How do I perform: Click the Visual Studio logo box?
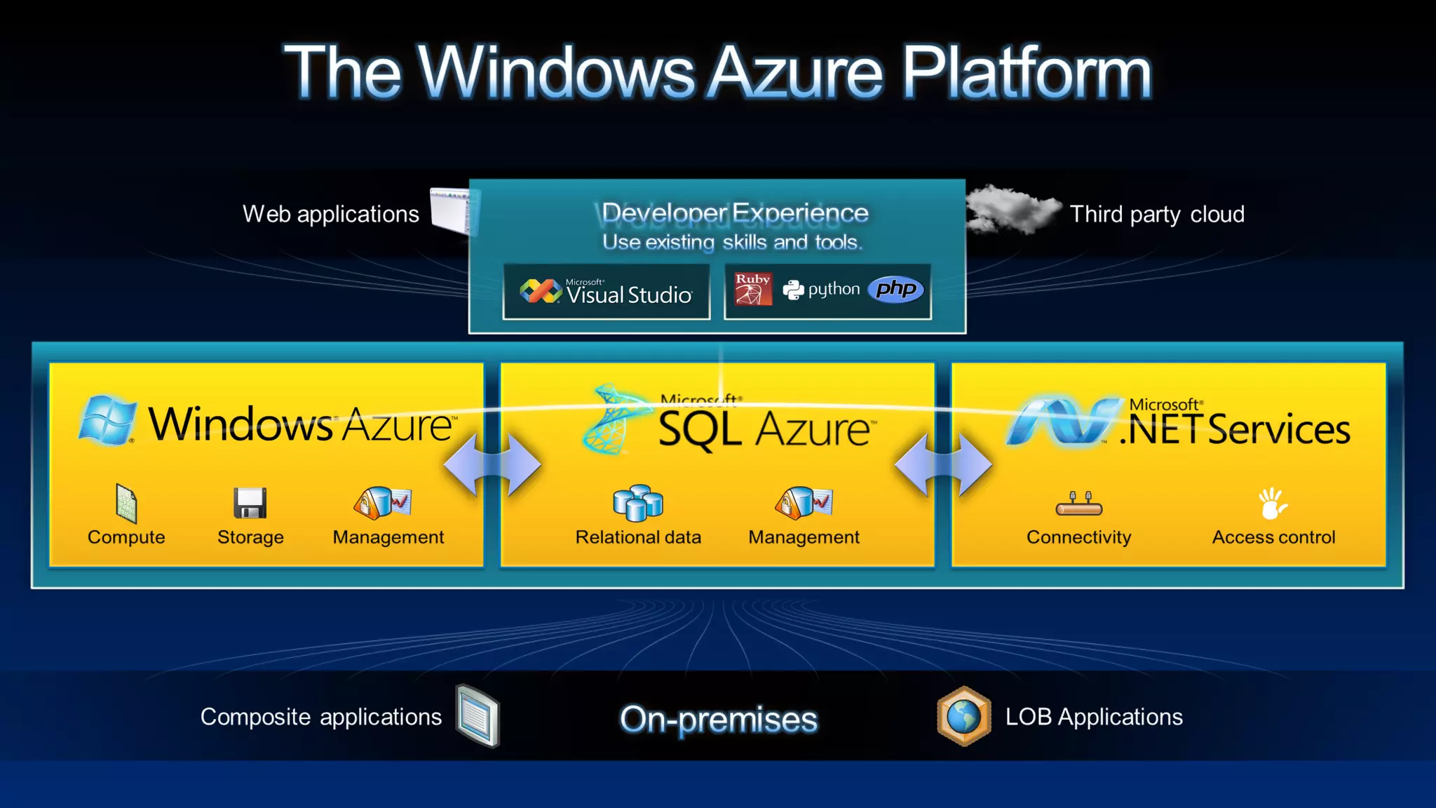pyautogui.click(x=607, y=292)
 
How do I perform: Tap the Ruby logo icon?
pyautogui.click(x=753, y=289)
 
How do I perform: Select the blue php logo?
pyautogui.click(x=896, y=289)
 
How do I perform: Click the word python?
pyautogui.click(x=834, y=289)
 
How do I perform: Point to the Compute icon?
pyautogui.click(x=126, y=504)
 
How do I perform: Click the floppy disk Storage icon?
pyautogui.click(x=250, y=503)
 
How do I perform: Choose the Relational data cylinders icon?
pyautogui.click(x=638, y=503)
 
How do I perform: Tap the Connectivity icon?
pyautogui.click(x=1078, y=504)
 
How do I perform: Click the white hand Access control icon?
pyautogui.click(x=1273, y=504)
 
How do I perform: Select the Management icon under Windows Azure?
pyautogui.click(x=383, y=503)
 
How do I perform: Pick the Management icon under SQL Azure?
pyautogui.click(x=804, y=503)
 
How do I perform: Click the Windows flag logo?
pyautogui.click(x=107, y=420)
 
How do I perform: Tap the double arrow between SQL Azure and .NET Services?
pyautogui.click(x=943, y=465)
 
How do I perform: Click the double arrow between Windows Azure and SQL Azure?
pyautogui.click(x=492, y=465)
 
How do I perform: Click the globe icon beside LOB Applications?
pyautogui.click(x=964, y=716)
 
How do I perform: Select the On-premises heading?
pyautogui.click(x=719, y=719)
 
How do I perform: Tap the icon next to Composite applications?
pyautogui.click(x=477, y=716)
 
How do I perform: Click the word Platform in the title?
pyautogui.click(x=1026, y=72)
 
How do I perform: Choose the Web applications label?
pyautogui.click(x=331, y=214)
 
